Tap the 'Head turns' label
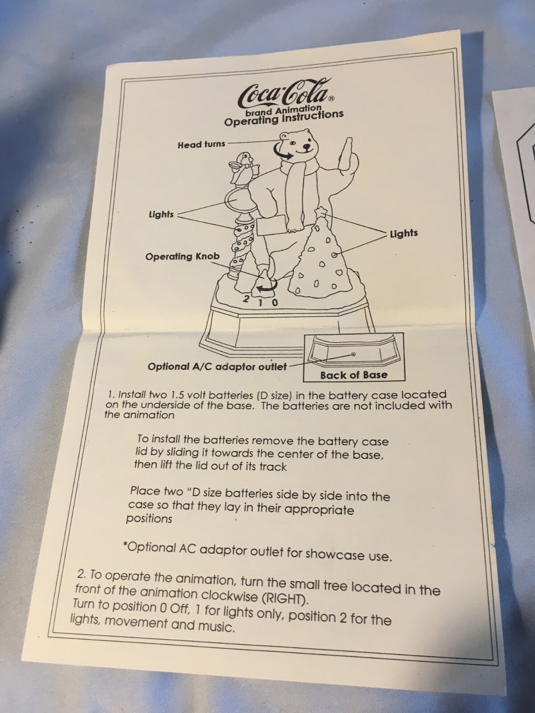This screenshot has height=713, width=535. (x=202, y=144)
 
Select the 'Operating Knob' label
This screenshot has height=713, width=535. (x=182, y=256)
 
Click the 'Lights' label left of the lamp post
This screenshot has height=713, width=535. (x=161, y=214)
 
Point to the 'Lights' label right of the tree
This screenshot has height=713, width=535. (x=404, y=233)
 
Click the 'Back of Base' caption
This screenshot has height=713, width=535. (x=354, y=375)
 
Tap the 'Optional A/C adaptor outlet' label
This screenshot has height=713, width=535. (x=217, y=367)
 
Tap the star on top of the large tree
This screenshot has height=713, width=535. (x=321, y=213)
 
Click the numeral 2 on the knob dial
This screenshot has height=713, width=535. (x=246, y=299)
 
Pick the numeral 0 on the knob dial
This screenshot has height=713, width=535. (x=275, y=303)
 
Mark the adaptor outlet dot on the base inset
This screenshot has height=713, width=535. (x=354, y=354)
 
